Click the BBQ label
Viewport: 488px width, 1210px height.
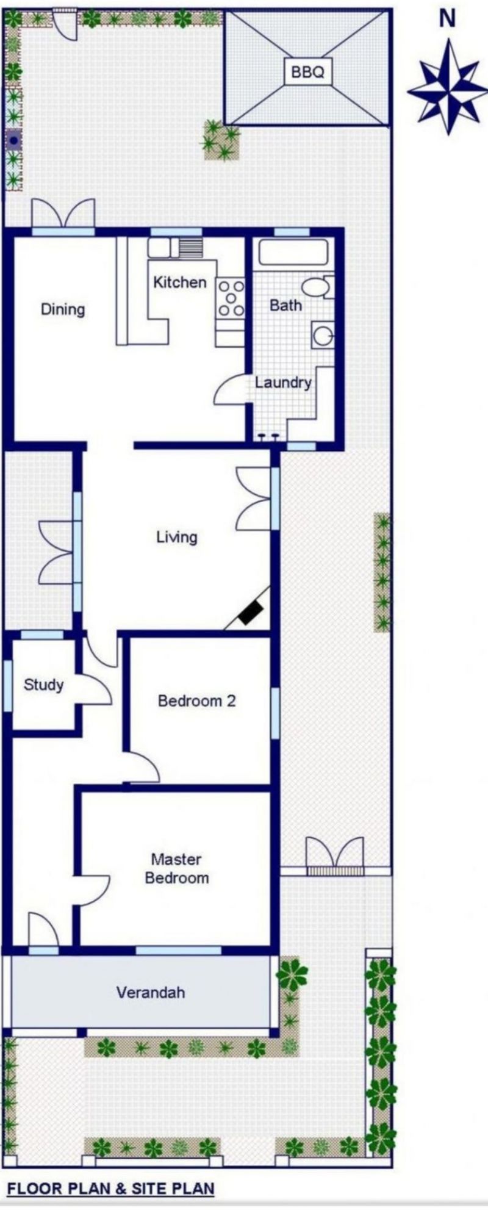point(307,72)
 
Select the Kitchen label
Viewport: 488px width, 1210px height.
point(179,282)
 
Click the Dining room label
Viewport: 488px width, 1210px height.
point(63,309)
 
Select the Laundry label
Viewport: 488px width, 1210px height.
point(283,383)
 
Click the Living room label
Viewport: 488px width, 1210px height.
point(177,537)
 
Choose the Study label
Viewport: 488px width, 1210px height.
point(43,685)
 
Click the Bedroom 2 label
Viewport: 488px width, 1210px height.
point(196,700)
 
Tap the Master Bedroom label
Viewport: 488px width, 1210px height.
point(177,868)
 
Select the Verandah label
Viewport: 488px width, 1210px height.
point(150,992)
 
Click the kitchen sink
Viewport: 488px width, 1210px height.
point(160,247)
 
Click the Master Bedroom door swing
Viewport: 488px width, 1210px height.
point(92,890)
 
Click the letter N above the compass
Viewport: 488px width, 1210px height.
point(448,19)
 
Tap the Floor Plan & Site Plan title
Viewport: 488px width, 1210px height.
point(110,1188)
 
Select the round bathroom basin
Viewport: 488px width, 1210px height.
point(321,334)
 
